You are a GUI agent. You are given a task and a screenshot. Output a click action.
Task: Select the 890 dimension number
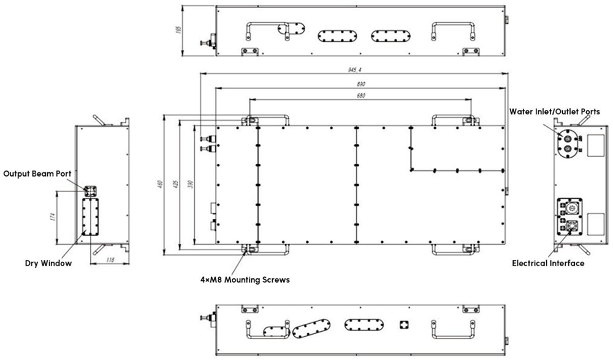[x=361, y=84]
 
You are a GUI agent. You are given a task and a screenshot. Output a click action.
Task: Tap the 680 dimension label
[x=361, y=96]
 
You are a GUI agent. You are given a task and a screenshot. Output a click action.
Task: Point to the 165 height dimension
[x=179, y=29]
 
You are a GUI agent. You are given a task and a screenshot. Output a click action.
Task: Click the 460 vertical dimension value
[x=159, y=184]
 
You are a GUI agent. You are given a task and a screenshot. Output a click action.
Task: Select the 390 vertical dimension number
[x=191, y=184]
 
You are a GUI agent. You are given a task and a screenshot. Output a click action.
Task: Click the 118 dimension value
[x=110, y=259]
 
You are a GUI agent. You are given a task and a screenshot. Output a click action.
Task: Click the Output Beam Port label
[x=37, y=174]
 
